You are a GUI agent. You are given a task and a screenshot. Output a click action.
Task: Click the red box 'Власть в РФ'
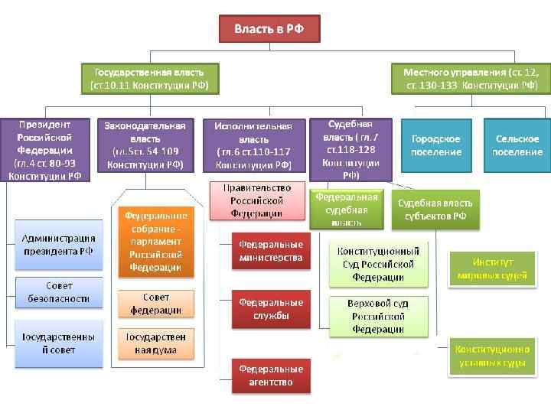[x=269, y=29]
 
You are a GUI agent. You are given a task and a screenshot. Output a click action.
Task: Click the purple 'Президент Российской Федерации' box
[x=44, y=149]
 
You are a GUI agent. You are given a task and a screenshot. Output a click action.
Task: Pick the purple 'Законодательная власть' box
[x=145, y=145]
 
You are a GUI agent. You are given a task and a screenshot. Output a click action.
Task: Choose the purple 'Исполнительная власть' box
[x=253, y=145]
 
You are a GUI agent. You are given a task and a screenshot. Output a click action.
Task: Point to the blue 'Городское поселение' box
[x=435, y=145]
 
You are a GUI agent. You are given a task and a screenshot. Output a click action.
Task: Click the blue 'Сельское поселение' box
[x=518, y=145]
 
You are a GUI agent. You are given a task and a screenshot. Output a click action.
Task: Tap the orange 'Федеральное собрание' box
[x=155, y=241]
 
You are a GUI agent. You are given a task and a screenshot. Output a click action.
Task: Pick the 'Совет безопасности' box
[x=58, y=291]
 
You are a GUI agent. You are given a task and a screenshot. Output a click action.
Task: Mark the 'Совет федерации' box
[x=155, y=304]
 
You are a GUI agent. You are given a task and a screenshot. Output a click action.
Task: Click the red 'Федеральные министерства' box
[x=270, y=251]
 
